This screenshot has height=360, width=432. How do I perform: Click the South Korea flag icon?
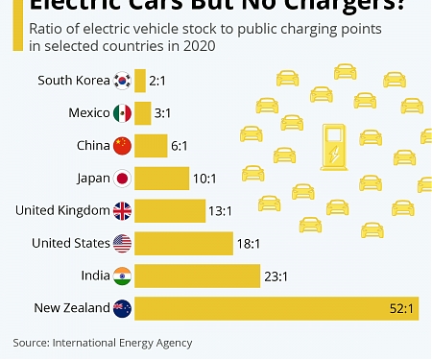point(122,81)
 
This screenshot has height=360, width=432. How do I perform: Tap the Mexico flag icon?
point(122,113)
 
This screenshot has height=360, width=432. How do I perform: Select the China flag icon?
point(122,146)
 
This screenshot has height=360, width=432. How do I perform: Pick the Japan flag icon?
point(122,179)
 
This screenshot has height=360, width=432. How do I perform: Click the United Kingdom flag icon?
point(122,211)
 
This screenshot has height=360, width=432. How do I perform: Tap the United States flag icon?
point(122,243)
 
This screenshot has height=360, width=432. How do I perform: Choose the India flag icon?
point(122,276)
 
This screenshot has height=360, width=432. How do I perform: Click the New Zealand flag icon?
point(122,308)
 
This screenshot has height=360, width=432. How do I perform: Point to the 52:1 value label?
point(400,309)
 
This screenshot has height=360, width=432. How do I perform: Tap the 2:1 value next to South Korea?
point(157,82)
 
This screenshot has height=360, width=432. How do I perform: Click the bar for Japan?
point(161,179)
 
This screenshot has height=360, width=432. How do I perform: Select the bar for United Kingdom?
point(170,211)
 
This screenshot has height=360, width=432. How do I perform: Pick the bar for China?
point(151,146)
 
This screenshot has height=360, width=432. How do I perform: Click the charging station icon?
point(335,150)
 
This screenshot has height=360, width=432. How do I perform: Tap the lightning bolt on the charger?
point(335,155)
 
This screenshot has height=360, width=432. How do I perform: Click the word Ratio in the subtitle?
point(45,29)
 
